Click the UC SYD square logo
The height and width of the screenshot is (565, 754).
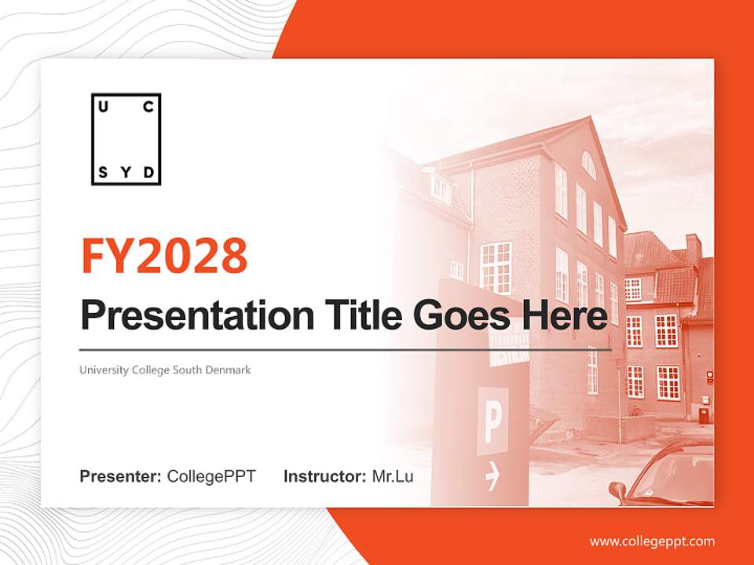point(126,140)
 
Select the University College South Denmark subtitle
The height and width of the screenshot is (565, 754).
point(165,370)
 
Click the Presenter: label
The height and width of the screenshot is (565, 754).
point(121,476)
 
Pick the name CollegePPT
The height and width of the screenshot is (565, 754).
point(211,476)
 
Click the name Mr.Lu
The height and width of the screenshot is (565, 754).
point(393,476)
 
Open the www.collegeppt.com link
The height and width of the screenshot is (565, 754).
point(652,541)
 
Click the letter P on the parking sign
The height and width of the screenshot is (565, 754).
point(492,422)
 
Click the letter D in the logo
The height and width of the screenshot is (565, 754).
point(148,173)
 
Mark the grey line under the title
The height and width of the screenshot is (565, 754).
point(346,349)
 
